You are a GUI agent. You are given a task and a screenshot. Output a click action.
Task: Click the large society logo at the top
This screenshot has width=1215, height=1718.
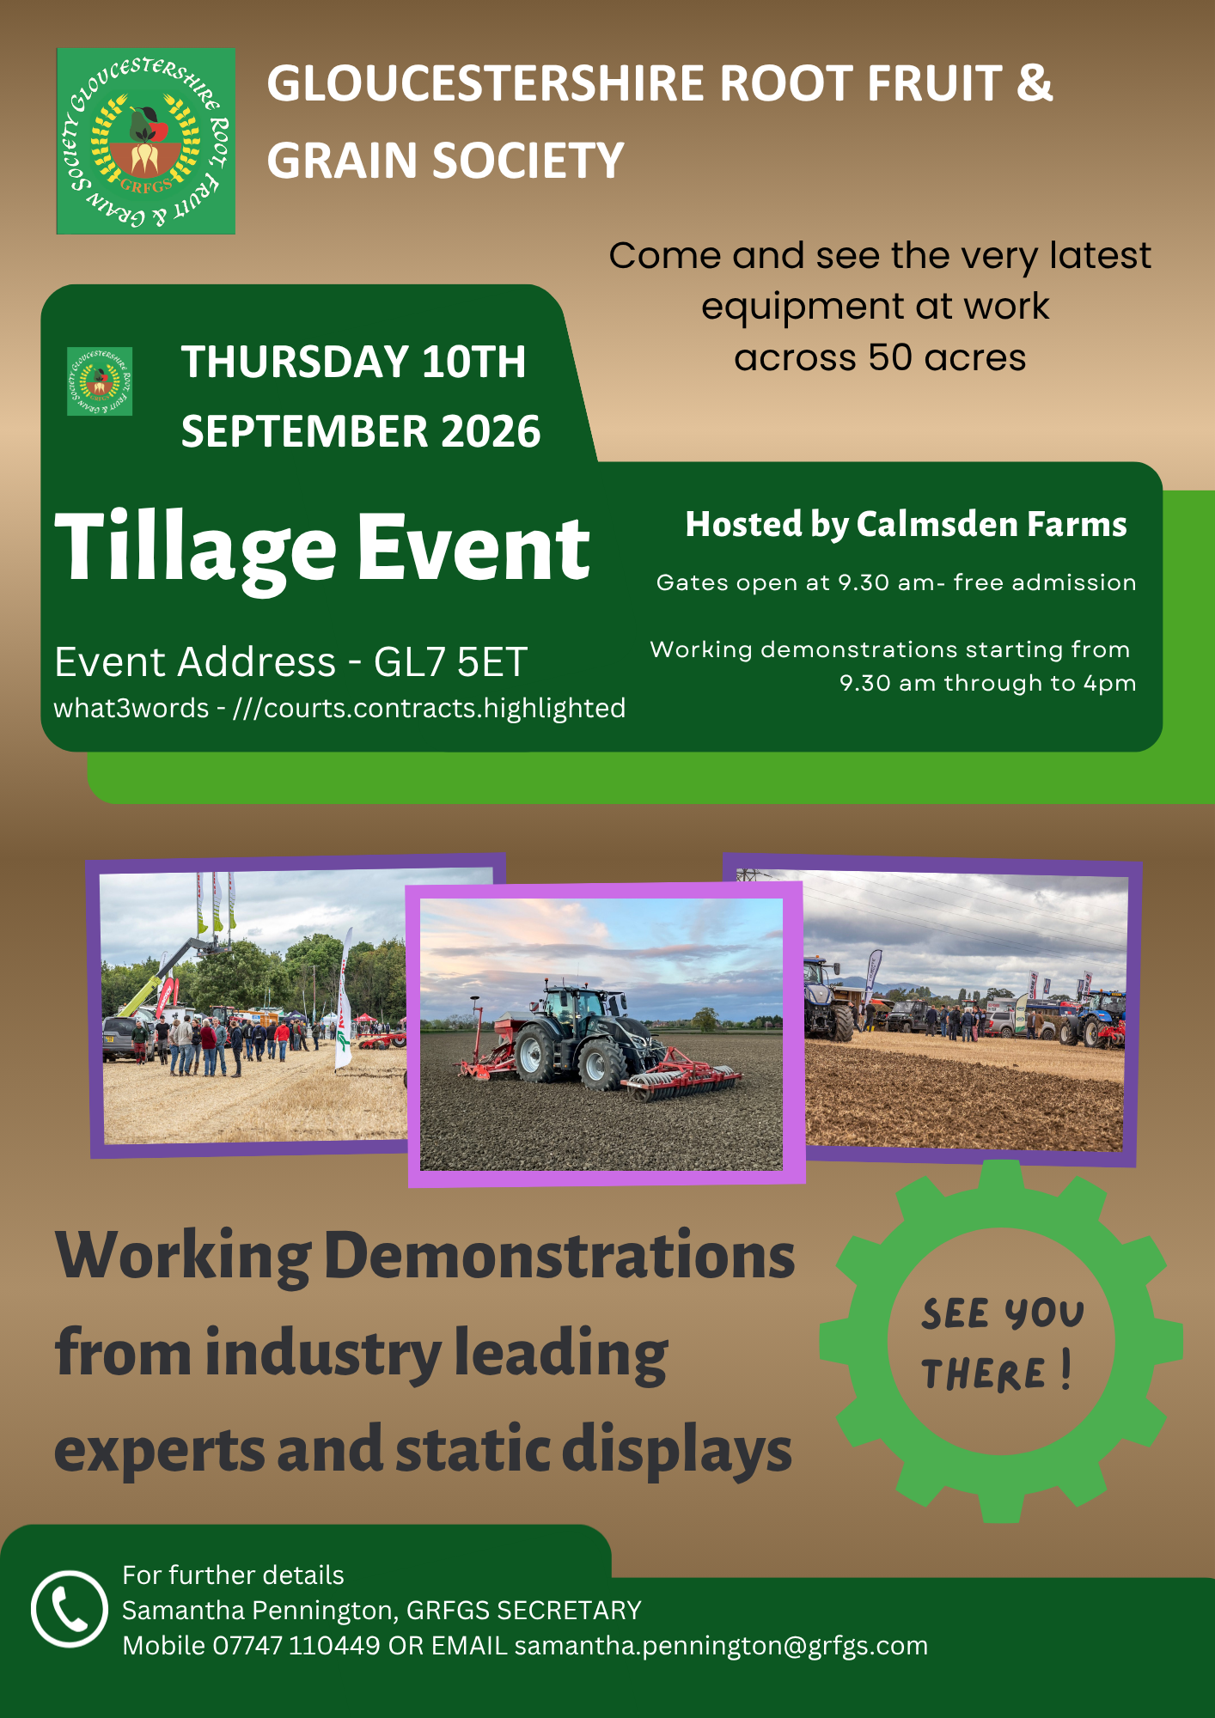coord(145,141)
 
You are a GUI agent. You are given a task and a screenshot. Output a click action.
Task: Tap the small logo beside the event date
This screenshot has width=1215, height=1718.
coord(100,381)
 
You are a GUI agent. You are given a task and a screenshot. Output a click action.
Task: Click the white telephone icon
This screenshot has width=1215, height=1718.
coord(70,1609)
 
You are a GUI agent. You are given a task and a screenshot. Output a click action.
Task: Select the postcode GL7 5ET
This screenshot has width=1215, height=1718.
coord(450,662)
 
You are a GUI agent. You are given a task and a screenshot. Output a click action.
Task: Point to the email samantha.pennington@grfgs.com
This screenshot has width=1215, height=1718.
coord(721,1646)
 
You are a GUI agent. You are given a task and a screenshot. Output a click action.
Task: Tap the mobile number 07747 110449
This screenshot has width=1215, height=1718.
coord(296,1646)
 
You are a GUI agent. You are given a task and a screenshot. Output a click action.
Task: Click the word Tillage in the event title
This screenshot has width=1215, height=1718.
coord(196,548)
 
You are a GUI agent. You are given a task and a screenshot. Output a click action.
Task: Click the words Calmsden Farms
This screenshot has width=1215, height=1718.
coord(992,524)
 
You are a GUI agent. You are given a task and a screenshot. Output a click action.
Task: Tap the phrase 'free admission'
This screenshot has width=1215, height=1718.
coord(1045,582)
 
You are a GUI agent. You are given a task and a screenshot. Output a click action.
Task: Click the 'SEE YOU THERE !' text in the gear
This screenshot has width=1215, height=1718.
coord(1000,1343)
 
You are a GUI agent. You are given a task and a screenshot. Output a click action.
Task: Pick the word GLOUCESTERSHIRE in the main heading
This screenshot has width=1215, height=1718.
coord(486,83)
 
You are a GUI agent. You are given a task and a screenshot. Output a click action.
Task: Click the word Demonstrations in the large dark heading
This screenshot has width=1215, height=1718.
coord(560,1256)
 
